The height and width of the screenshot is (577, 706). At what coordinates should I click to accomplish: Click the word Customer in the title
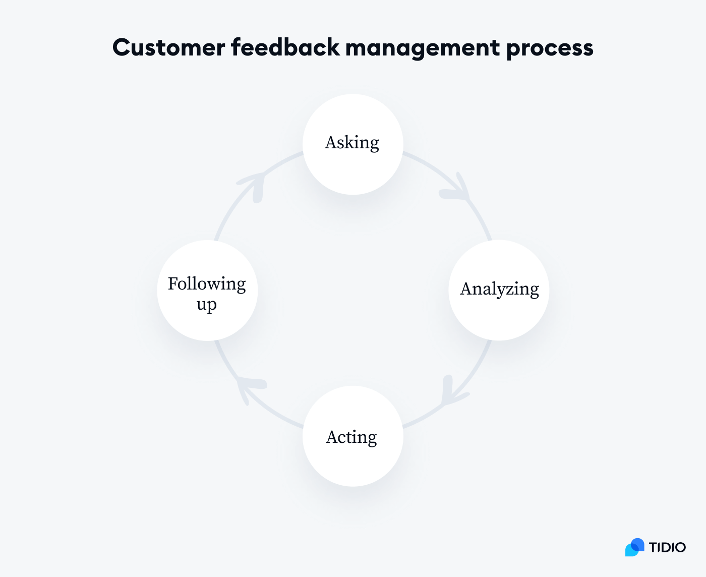pos(168,48)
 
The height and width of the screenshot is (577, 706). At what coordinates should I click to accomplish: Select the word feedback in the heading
pos(285,48)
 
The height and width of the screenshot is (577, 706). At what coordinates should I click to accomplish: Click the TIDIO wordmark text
pos(667,547)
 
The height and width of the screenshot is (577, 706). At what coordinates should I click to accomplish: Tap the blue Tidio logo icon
pos(635,547)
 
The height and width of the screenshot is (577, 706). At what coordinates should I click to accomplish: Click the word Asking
pos(352,143)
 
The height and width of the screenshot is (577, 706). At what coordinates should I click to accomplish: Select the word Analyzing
pos(499,289)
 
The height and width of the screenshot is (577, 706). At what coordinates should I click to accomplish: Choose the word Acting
pos(351,437)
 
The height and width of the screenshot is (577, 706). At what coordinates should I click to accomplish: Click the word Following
pos(207,284)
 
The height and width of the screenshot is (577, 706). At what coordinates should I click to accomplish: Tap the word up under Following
pos(207,305)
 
